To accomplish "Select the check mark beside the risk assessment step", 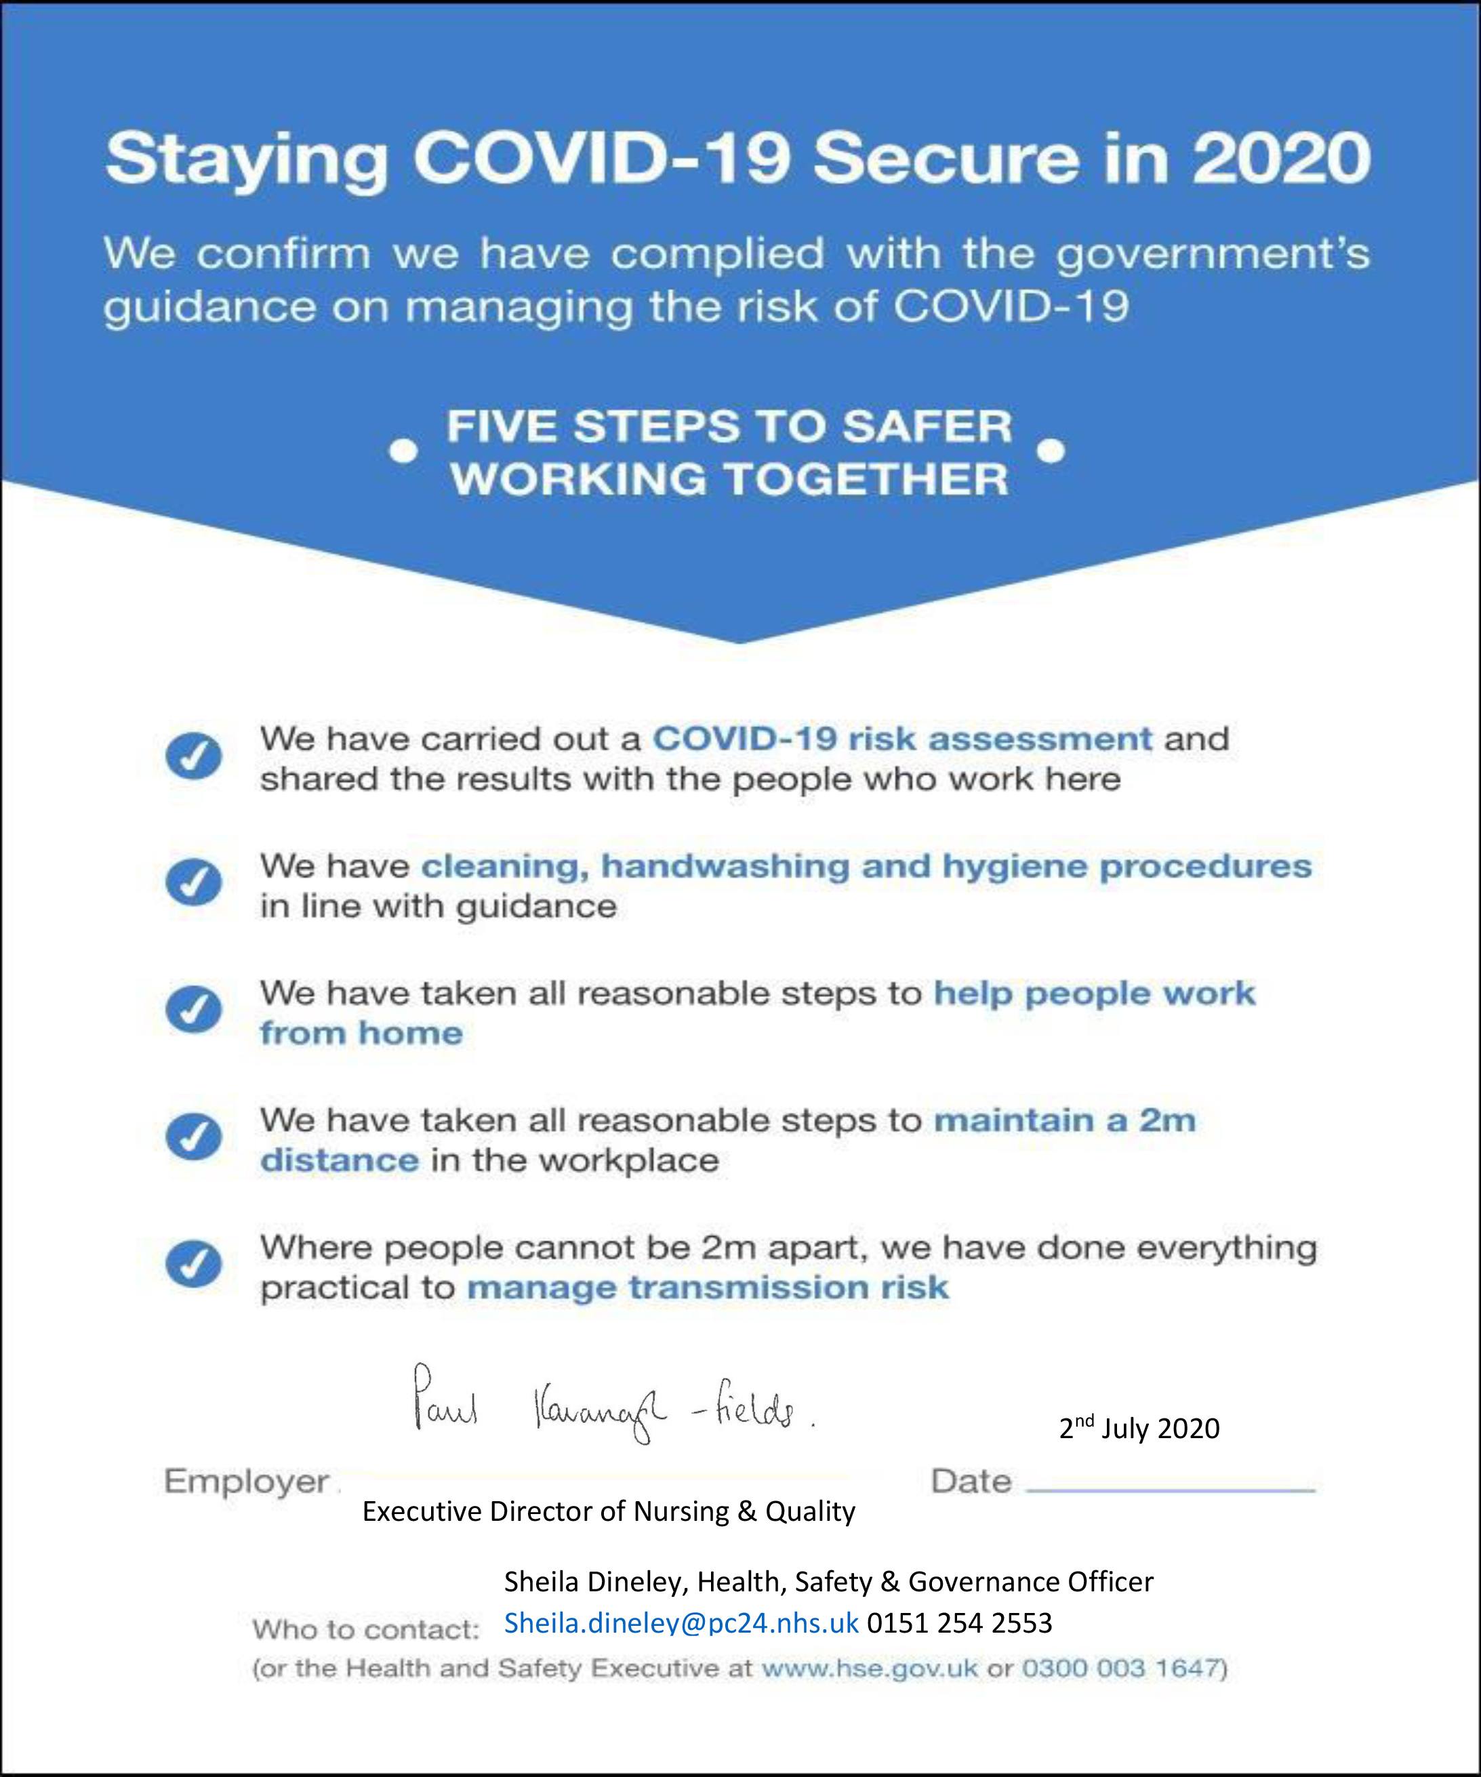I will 194,757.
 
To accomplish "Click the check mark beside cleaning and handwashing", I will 194,884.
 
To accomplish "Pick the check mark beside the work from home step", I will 194,1010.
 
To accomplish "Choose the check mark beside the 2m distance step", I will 194,1137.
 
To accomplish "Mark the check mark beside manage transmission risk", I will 194,1265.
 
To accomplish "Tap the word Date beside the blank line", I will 971,1482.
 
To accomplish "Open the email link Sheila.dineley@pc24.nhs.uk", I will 681,1623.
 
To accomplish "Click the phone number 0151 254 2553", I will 959,1623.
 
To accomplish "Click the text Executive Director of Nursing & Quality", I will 609,1511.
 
